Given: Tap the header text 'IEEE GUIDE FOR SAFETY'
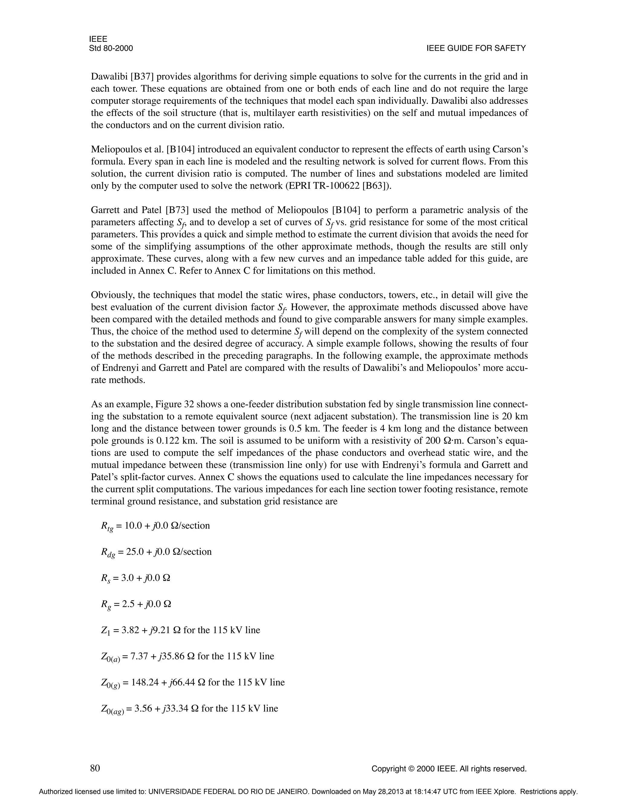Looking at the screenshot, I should coord(476,48).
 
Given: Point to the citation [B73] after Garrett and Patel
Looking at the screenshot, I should coord(177,210).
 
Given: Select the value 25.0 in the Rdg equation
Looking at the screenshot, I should coord(134,552).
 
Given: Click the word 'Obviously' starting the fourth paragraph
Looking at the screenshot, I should coord(110,295).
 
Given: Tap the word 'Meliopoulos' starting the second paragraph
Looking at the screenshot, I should coord(114,149).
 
